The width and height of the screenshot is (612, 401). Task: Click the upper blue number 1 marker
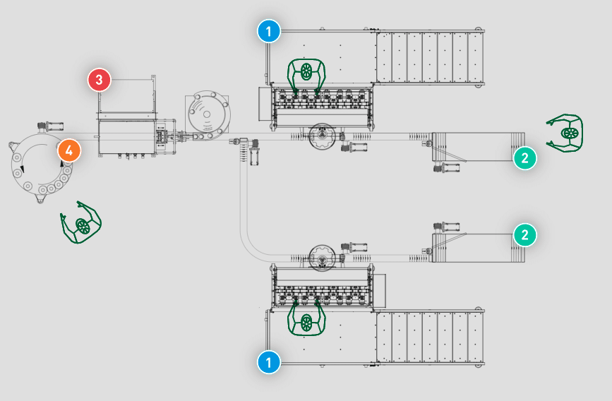tap(269, 31)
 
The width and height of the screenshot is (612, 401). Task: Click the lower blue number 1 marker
tap(269, 362)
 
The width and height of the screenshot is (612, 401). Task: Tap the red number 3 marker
tap(99, 80)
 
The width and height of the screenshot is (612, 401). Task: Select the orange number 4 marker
tap(69, 150)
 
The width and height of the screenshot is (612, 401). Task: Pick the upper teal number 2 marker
tap(525, 158)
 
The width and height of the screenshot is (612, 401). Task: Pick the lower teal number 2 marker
tap(525, 234)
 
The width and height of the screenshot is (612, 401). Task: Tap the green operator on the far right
tap(565, 133)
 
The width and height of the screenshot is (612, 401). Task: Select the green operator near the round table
tap(80, 222)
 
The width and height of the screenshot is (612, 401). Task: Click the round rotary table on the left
tap(40, 166)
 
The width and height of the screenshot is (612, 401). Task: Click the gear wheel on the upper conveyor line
tap(322, 136)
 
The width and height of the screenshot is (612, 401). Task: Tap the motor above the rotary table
tap(50, 126)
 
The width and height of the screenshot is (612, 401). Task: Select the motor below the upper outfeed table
tap(447, 168)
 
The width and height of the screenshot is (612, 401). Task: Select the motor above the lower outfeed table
tap(447, 227)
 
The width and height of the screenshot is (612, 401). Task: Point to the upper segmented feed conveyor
tap(430, 56)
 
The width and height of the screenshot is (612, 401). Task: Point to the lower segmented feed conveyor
tap(430, 337)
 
